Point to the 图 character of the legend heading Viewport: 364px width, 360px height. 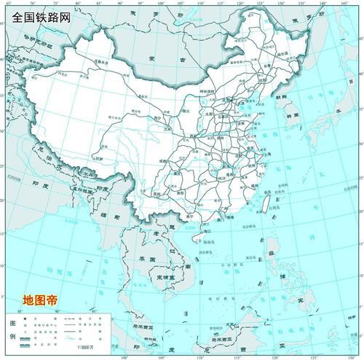point(10,322)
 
